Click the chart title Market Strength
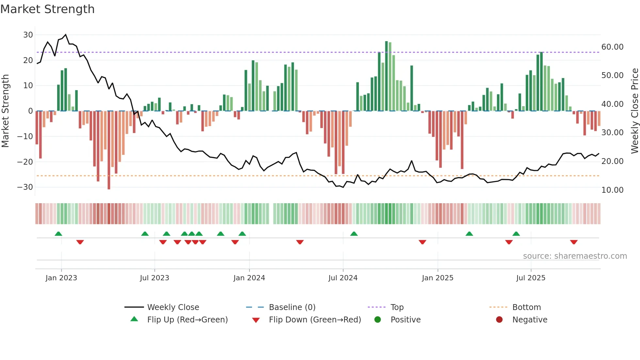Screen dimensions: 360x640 47,9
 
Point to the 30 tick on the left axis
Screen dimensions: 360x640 28,35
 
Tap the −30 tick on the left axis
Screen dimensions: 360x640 25,187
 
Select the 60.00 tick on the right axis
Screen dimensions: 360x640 612,47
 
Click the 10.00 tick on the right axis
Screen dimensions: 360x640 612,190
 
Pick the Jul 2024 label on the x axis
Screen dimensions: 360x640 343,278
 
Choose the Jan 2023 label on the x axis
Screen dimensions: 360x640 61,278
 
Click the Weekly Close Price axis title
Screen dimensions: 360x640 634,111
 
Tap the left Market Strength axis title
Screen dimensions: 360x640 5,111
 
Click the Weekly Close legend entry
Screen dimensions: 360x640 173,307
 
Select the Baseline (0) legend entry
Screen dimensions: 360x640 292,307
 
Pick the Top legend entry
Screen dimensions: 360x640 397,307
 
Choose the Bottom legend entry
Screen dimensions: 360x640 526,307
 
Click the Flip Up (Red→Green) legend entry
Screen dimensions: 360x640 187,320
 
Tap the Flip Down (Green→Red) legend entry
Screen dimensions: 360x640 315,320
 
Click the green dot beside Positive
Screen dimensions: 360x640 377,320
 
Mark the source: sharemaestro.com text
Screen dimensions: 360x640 575,256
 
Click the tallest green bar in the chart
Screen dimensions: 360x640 386,76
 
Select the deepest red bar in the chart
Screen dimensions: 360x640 109,150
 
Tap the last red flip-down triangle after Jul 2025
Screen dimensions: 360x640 574,242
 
